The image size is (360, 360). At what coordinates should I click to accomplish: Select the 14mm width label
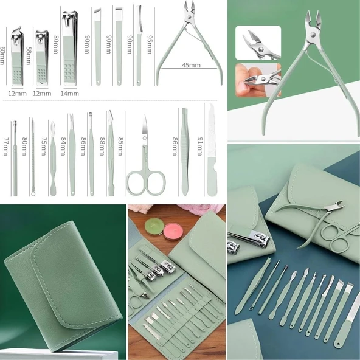pyautogui.click(x=70, y=93)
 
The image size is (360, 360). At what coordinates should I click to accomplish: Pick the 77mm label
pyautogui.click(x=5, y=147)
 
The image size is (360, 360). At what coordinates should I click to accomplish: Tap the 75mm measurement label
pyautogui.click(x=44, y=147)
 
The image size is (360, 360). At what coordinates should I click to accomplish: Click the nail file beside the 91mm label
pyautogui.click(x=211, y=152)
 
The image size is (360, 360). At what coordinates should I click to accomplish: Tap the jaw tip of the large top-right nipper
pyautogui.click(x=314, y=16)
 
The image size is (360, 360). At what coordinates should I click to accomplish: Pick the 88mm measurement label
pyautogui.click(x=101, y=147)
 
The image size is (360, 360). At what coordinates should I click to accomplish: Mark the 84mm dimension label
pyautogui.click(x=62, y=147)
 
